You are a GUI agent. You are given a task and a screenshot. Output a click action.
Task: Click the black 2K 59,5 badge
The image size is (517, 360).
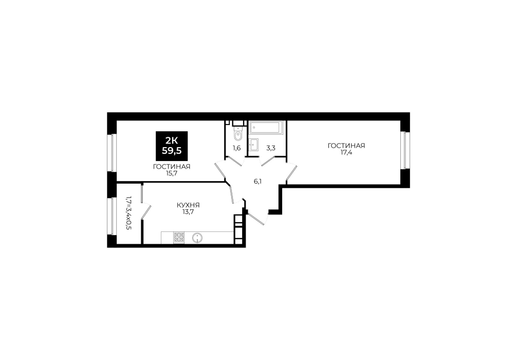[x=172, y=146]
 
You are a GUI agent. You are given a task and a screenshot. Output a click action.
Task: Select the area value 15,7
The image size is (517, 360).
[x=172, y=173]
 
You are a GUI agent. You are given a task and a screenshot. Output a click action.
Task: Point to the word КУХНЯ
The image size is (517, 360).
[x=188, y=205]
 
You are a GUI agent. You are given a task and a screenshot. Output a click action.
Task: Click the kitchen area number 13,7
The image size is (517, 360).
[x=188, y=212]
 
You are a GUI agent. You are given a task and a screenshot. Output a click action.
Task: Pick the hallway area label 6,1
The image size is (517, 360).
[x=257, y=181]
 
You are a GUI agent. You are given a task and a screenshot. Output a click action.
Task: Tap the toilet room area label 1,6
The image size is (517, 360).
[x=237, y=148]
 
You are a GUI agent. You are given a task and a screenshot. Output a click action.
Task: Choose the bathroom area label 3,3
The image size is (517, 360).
[x=271, y=148]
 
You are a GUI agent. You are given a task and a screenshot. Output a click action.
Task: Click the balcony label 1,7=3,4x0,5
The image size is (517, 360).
[x=128, y=213]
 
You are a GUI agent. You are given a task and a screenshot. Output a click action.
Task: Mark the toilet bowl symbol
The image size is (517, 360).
[x=238, y=134]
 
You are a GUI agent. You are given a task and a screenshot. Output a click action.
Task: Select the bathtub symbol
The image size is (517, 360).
[x=266, y=128]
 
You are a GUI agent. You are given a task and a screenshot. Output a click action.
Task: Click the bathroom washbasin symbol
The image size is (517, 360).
[x=254, y=144]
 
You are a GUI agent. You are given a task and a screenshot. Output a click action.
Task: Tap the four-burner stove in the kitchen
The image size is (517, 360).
[x=179, y=238]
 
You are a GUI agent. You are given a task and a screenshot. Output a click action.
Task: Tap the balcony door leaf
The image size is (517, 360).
[x=146, y=211]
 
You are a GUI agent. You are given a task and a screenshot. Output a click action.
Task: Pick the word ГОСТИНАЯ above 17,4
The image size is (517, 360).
[x=346, y=146]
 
